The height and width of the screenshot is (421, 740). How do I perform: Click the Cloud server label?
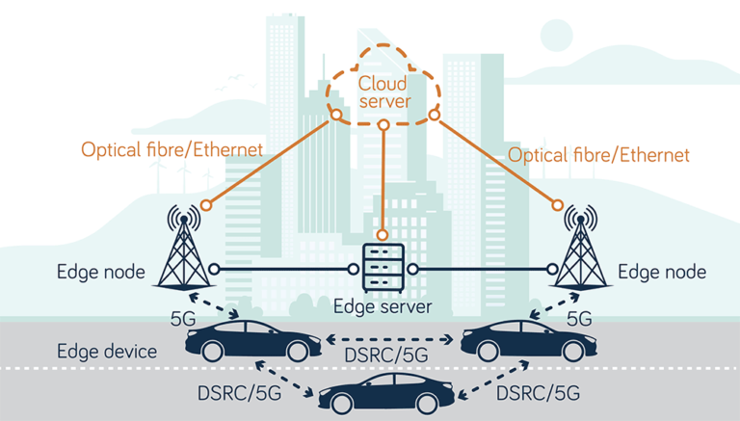pyautogui.click(x=383, y=92)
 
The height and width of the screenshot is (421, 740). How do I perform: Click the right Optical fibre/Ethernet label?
pyautogui.click(x=598, y=154)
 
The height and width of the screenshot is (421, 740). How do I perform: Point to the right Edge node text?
pyautogui.click(x=662, y=273)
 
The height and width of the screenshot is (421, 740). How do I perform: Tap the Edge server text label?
pyautogui.click(x=383, y=307)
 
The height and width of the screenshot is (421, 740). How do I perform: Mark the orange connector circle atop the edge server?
pyautogui.click(x=383, y=234)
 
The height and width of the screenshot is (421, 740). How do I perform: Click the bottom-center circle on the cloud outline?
pyautogui.click(x=383, y=124)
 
